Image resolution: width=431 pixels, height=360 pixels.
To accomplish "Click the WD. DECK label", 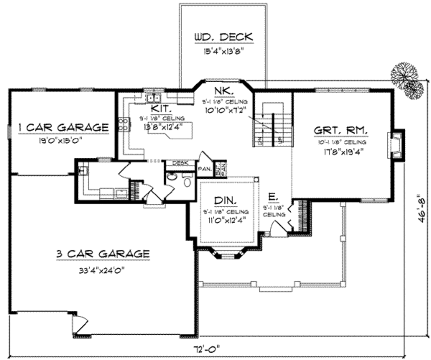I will pyautogui.click(x=223, y=37).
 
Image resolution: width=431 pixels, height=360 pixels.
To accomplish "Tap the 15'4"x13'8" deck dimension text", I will pyautogui.click(x=223, y=53).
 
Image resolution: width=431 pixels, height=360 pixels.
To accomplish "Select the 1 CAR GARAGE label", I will pyautogui.click(x=64, y=127).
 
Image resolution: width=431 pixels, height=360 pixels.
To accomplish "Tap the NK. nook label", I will pyautogui.click(x=221, y=91).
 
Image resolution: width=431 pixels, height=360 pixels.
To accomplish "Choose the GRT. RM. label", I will pyautogui.click(x=341, y=130).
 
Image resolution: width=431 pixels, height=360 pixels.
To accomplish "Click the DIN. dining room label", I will pyautogui.click(x=226, y=200).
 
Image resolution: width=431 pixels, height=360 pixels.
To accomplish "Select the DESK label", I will pyautogui.click(x=180, y=163).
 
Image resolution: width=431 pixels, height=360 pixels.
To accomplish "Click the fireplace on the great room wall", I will pyautogui.click(x=395, y=144).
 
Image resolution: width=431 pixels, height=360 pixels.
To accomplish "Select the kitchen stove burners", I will pyautogui.click(x=124, y=124).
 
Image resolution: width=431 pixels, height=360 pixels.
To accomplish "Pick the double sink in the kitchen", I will pyautogui.click(x=152, y=98).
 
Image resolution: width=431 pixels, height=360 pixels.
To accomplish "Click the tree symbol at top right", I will pyautogui.click(x=407, y=80).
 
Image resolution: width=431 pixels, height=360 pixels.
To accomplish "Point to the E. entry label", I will pyautogui.click(x=272, y=197).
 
